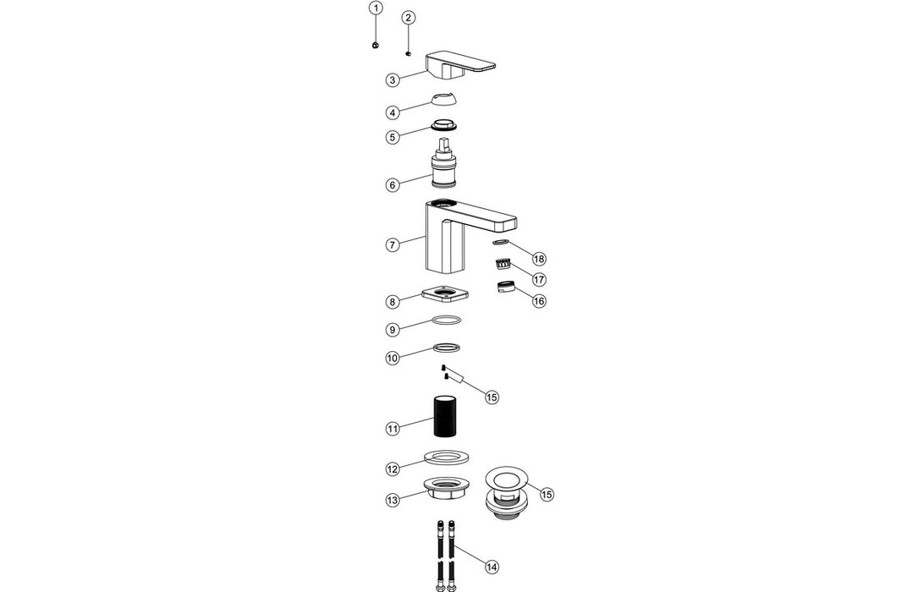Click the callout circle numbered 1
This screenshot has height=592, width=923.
click(x=376, y=8)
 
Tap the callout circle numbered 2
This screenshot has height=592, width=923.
click(x=409, y=18)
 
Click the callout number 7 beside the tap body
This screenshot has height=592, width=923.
click(x=393, y=245)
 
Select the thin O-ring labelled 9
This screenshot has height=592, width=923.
click(x=446, y=321)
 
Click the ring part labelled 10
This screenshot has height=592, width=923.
click(x=446, y=348)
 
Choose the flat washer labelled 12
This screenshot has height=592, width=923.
click(x=447, y=459)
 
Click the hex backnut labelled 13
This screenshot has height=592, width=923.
click(x=446, y=489)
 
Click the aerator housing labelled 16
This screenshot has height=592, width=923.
click(x=506, y=285)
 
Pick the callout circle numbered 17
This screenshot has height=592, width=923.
click(x=539, y=278)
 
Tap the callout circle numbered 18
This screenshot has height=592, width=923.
click(x=539, y=258)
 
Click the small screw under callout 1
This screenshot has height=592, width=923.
click(x=375, y=45)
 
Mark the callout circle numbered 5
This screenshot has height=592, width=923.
click(x=393, y=137)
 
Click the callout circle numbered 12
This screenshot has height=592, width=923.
click(x=393, y=469)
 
